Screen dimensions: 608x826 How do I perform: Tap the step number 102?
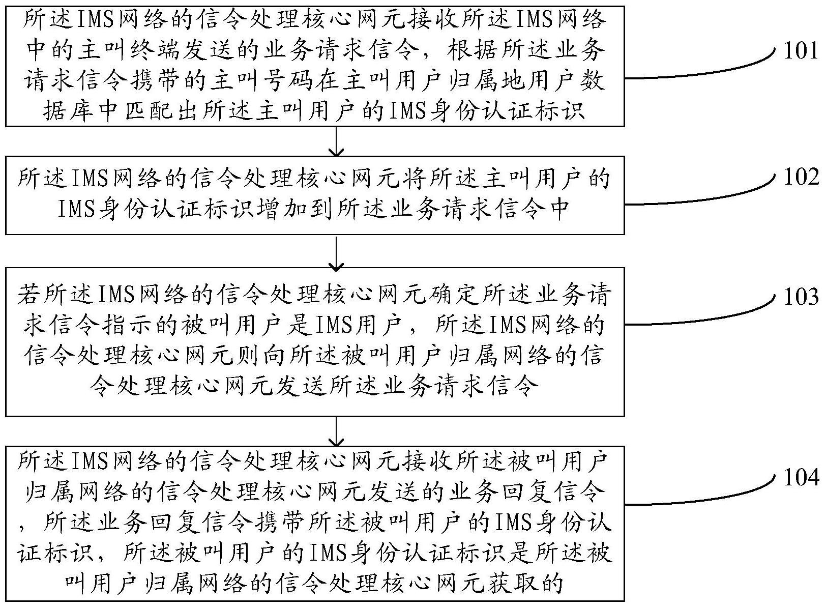[x=801, y=177]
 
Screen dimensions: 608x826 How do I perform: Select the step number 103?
[x=801, y=297]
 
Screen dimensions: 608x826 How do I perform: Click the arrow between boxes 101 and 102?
[x=336, y=142]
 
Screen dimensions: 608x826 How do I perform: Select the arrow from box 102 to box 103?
[x=336, y=251]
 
